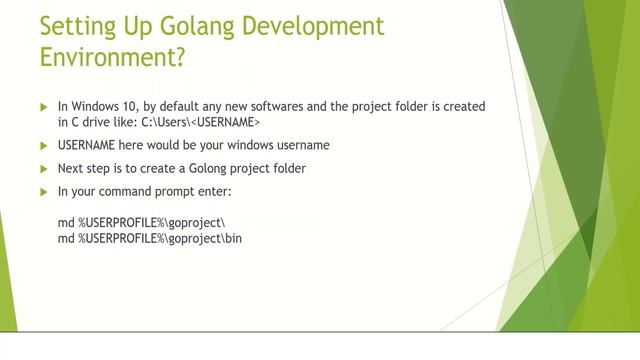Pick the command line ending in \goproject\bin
(150, 238)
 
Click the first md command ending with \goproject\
(141, 222)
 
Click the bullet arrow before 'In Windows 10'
(43, 106)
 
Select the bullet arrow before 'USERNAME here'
(43, 145)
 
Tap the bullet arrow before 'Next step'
(43, 168)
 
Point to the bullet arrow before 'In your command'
(43, 191)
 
